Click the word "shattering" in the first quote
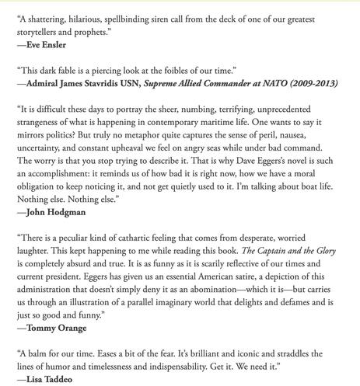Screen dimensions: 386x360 (x=48, y=11)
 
